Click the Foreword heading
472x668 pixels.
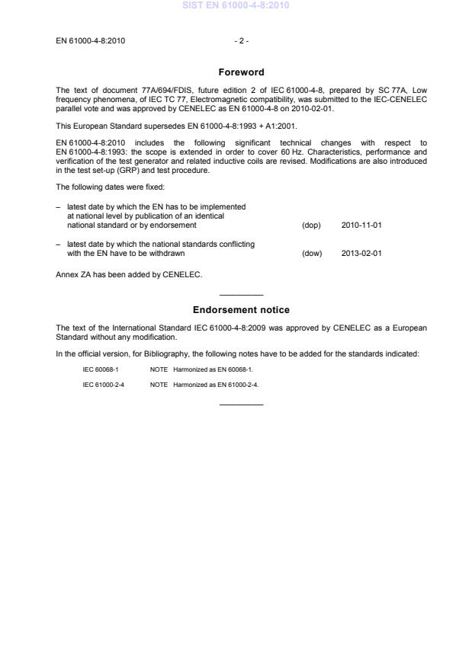(x=241, y=72)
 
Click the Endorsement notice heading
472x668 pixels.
(x=241, y=310)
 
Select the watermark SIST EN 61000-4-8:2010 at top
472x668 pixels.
(x=236, y=6)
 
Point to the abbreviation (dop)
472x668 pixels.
(x=311, y=225)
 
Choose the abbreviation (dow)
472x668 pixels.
(x=312, y=254)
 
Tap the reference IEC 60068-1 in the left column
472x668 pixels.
(x=101, y=369)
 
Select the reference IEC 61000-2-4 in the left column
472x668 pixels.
(x=104, y=385)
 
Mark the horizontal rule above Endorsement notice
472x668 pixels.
(x=241, y=295)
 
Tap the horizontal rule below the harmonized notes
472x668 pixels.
(x=241, y=404)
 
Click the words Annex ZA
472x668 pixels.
(x=75, y=274)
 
